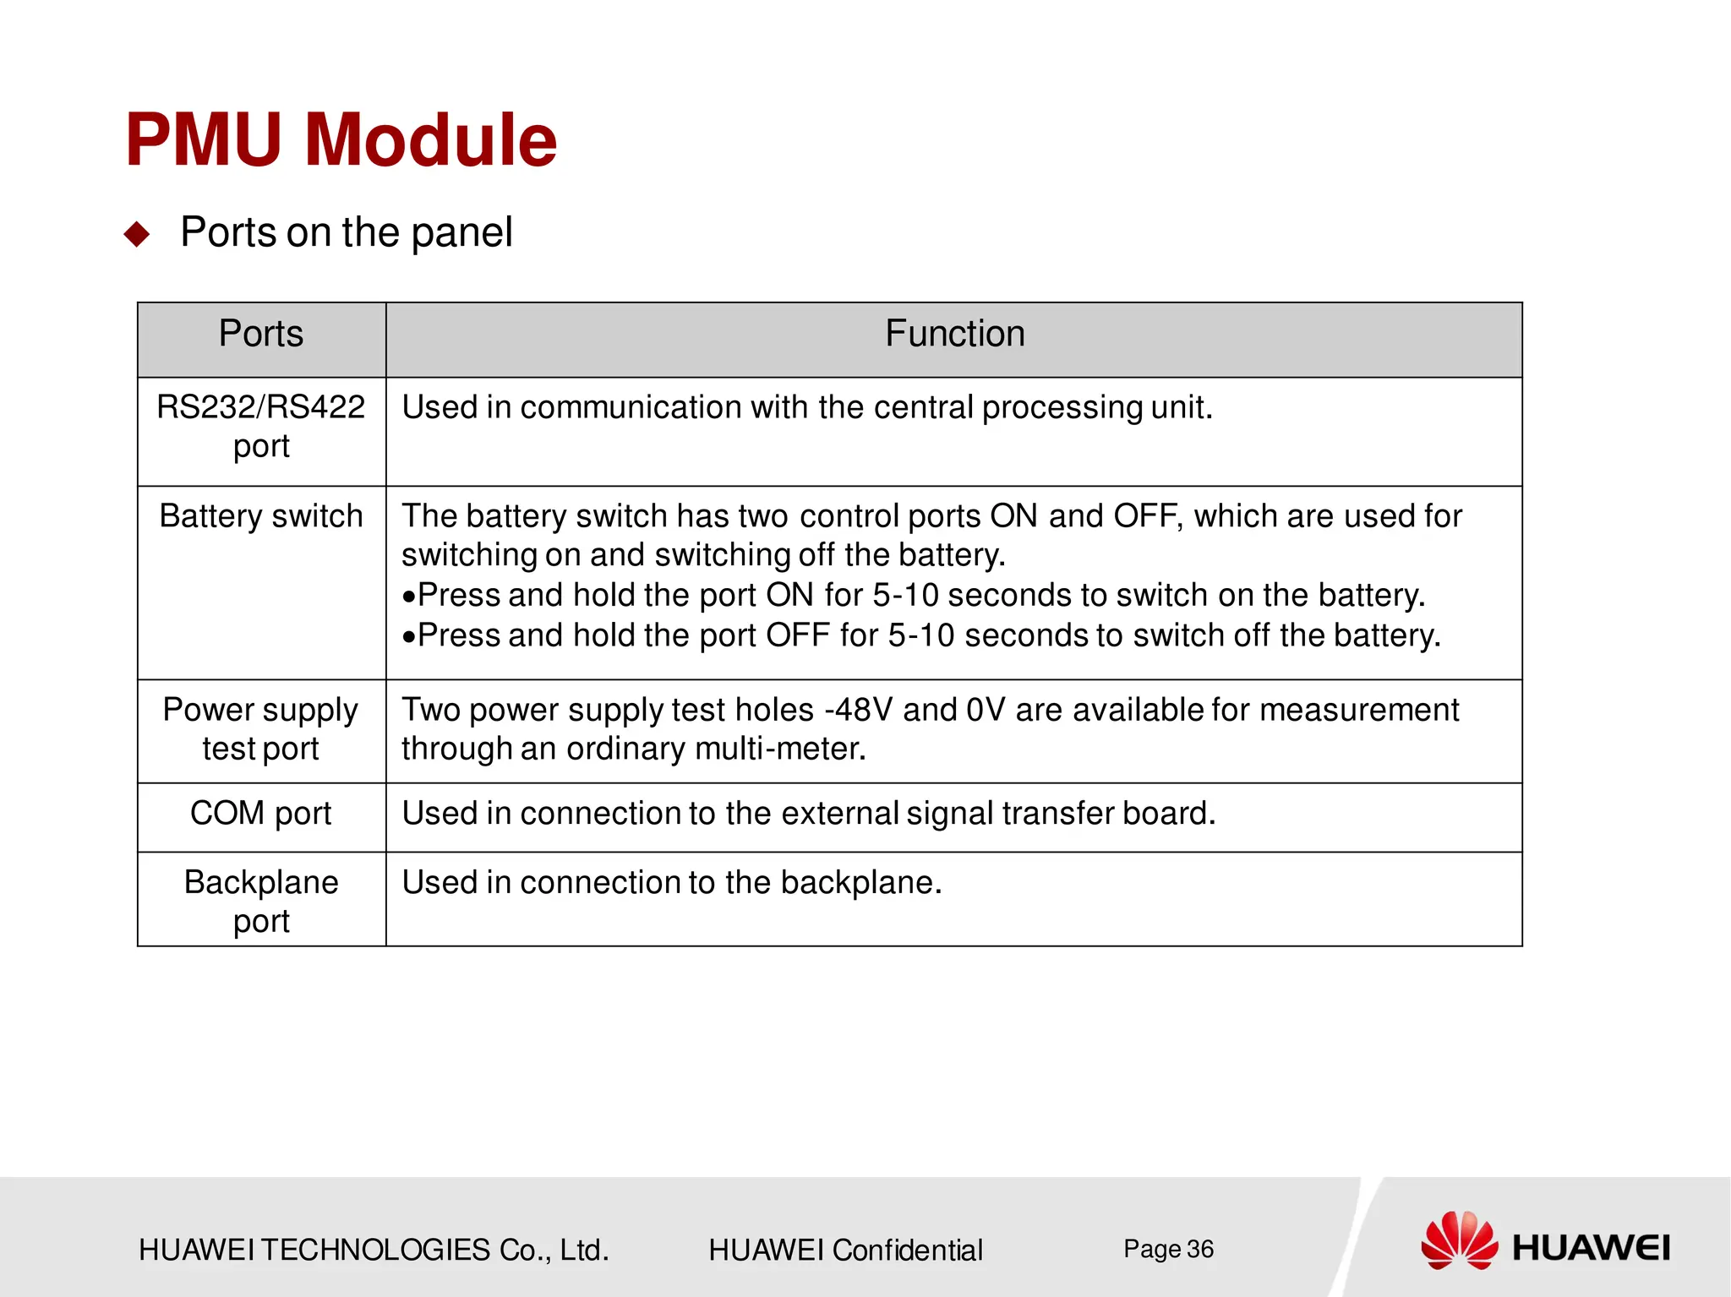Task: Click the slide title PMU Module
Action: tap(341, 139)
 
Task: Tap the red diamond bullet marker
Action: tap(137, 233)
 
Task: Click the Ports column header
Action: tap(261, 334)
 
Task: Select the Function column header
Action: tap(954, 334)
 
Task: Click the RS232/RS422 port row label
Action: tap(261, 426)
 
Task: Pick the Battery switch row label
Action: tap(261, 516)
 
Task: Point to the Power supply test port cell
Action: tap(261, 728)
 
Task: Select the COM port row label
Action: tap(261, 813)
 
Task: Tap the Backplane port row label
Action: tap(261, 901)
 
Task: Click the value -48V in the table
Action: tap(858, 710)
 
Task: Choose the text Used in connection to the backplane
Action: tap(671, 882)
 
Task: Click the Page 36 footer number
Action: tap(1168, 1249)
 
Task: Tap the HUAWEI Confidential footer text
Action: tap(845, 1250)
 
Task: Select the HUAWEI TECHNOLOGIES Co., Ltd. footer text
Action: tap(374, 1250)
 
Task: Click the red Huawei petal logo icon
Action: tap(1459, 1240)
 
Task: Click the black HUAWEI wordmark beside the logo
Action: tap(1591, 1248)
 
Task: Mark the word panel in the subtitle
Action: tap(461, 233)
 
